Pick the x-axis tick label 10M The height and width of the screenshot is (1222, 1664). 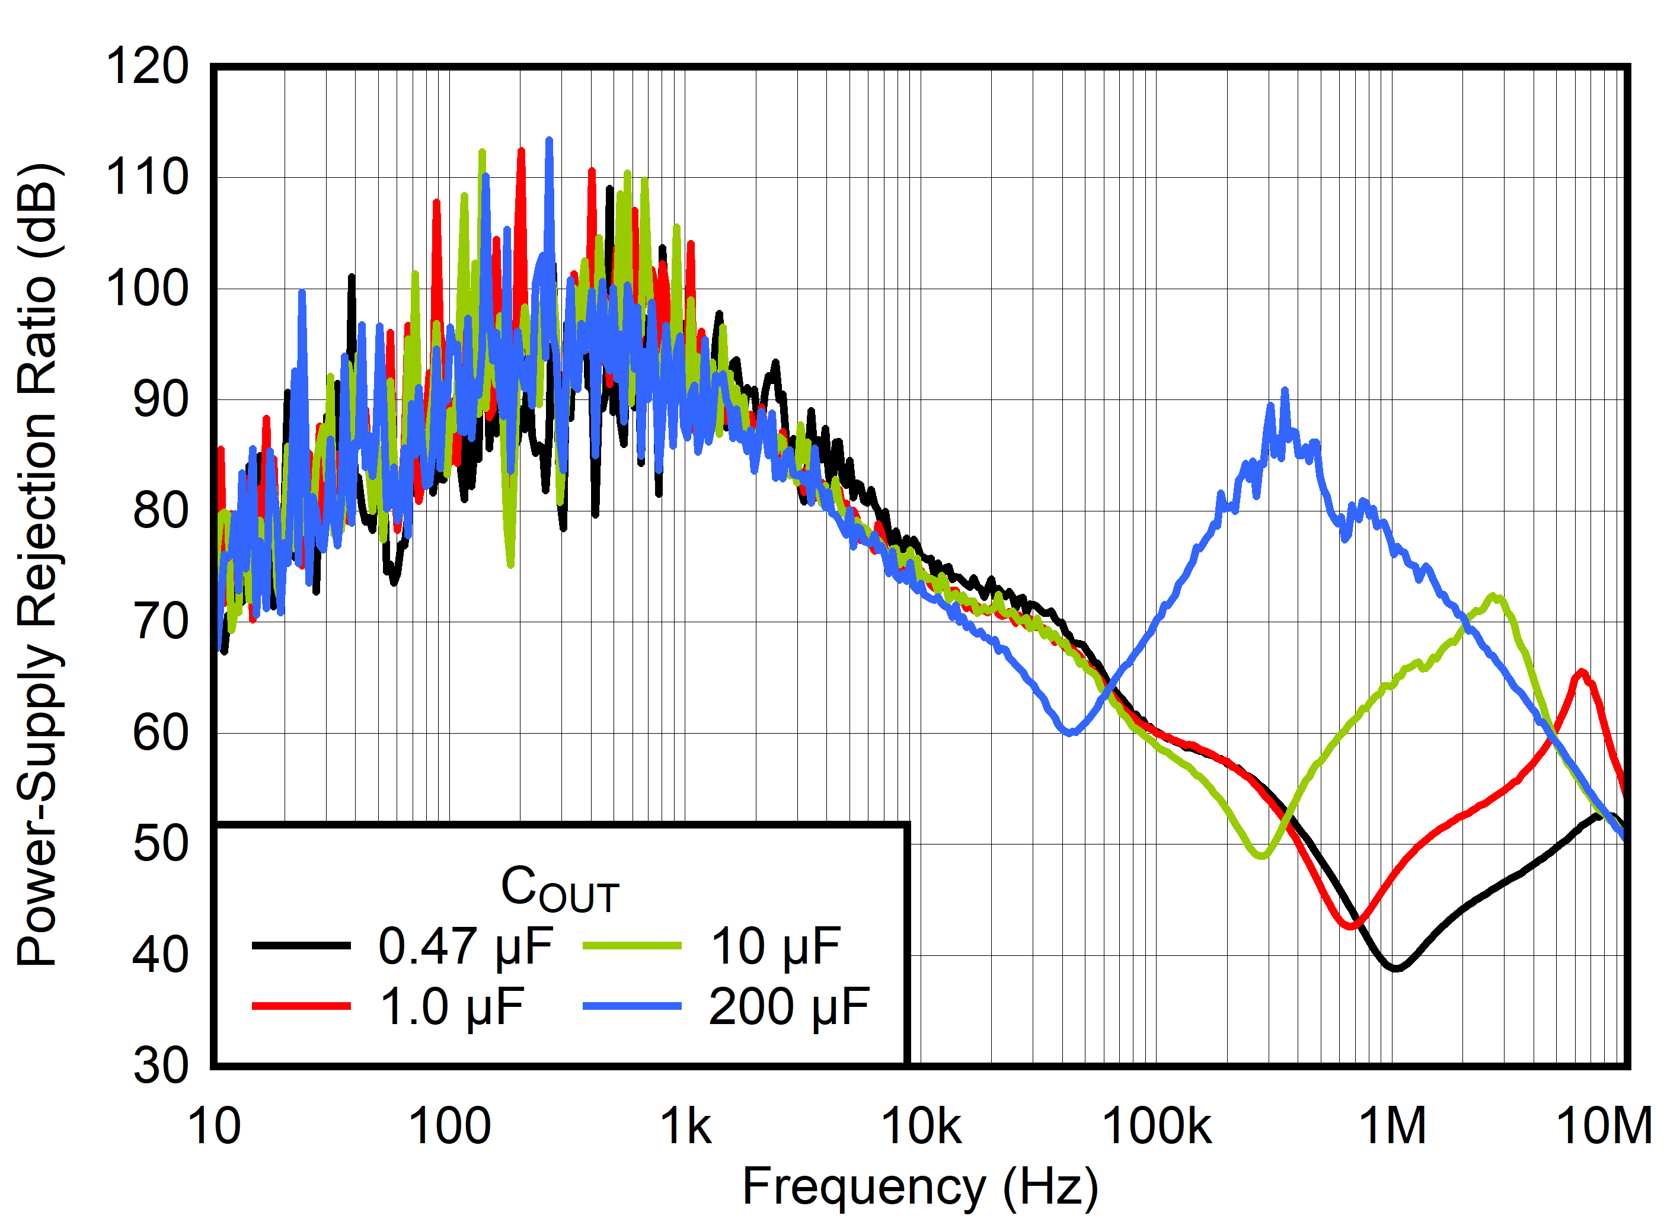pos(1604,1127)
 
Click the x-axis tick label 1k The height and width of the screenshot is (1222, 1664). pos(685,1127)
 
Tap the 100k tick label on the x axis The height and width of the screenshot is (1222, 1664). pos(1157,1127)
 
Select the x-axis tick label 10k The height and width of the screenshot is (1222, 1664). pos(921,1127)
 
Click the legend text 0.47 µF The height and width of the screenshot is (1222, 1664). pos(465,947)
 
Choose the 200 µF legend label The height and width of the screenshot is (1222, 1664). pos(788,1007)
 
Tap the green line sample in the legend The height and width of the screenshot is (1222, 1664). pos(632,946)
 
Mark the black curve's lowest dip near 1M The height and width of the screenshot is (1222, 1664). pos(1395,968)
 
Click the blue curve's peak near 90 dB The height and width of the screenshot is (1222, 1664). pos(1285,390)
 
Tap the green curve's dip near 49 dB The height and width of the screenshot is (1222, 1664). pos(1262,856)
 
